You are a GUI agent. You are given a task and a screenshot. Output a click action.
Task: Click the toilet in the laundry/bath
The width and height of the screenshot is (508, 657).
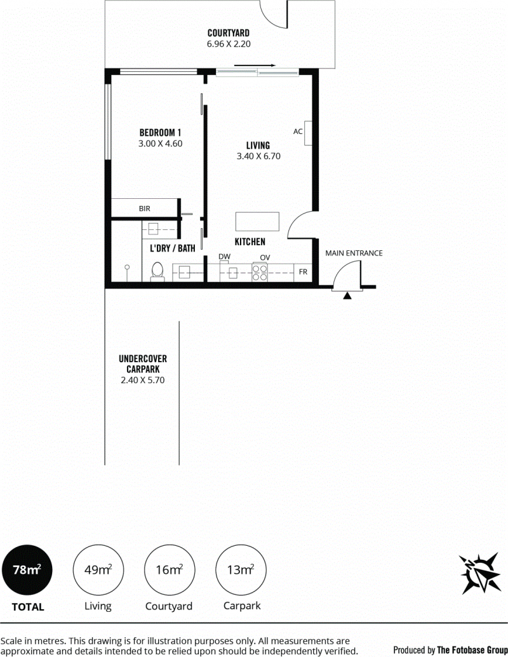[x=157, y=271]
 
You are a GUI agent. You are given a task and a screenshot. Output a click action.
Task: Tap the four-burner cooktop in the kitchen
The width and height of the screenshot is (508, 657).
[x=260, y=273]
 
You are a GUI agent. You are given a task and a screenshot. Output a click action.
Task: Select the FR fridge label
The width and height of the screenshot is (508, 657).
[x=303, y=272]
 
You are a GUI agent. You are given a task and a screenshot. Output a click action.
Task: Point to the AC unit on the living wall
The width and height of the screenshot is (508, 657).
[x=308, y=133]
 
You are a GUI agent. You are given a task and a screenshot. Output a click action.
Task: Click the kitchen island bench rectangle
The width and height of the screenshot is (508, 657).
[x=257, y=221]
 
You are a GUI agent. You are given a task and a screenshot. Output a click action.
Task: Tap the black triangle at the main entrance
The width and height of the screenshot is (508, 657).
[x=347, y=296]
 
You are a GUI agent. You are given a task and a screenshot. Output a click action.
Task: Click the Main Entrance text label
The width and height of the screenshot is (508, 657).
[x=354, y=253]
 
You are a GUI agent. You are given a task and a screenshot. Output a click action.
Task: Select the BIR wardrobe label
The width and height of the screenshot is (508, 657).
[x=145, y=208]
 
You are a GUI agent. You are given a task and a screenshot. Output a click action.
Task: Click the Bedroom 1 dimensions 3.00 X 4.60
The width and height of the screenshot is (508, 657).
[x=161, y=144]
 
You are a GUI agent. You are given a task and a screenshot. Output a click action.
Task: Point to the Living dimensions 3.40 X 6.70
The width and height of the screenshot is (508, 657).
[x=258, y=156]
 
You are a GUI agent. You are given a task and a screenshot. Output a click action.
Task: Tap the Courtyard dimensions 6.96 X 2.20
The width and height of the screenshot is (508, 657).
[x=229, y=44]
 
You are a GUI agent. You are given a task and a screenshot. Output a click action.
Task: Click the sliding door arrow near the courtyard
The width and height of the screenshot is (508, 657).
[x=255, y=65]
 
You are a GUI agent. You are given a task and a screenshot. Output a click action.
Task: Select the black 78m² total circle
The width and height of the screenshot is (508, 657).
[x=27, y=570]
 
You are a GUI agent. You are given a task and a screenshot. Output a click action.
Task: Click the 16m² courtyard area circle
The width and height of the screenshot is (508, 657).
[x=169, y=570]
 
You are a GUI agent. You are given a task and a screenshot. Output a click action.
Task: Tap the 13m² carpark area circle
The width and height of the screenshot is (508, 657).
[x=241, y=570]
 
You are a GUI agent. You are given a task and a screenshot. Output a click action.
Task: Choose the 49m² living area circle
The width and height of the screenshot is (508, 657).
[x=98, y=570]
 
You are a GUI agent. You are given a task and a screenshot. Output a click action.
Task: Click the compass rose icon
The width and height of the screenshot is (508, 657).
[x=480, y=573]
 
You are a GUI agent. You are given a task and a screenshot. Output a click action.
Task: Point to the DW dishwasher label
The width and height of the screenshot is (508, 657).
[x=225, y=257]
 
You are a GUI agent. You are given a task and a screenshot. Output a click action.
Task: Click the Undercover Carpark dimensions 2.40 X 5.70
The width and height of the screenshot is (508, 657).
[x=143, y=381]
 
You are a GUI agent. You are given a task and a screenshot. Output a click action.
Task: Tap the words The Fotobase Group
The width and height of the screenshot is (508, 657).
[x=472, y=650]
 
